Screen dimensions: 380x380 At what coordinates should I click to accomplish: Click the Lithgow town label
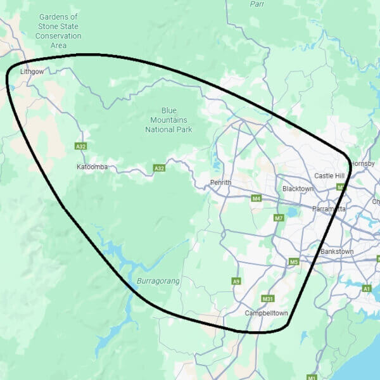(32, 72)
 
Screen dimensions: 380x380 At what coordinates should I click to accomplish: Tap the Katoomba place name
(92, 167)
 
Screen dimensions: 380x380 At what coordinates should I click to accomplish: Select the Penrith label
(221, 183)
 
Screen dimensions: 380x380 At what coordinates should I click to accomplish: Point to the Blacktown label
(298, 189)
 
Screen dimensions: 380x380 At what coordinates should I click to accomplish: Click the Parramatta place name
(329, 208)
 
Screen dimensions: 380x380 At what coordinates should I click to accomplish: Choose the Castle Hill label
(329, 175)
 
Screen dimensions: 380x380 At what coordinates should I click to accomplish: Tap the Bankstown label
(337, 251)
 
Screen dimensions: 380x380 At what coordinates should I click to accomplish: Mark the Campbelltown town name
(267, 313)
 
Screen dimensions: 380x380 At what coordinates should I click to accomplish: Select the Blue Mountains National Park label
(168, 119)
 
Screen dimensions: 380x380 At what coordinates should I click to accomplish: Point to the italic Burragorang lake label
(158, 280)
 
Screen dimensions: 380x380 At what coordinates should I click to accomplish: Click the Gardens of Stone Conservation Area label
(59, 31)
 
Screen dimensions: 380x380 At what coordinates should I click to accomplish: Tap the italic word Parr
(256, 4)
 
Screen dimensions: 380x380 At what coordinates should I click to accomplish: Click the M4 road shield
(256, 199)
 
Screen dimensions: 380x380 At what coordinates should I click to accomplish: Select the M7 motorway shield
(279, 218)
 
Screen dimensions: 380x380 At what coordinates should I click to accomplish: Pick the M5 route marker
(293, 262)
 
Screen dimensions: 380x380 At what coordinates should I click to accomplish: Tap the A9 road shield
(236, 281)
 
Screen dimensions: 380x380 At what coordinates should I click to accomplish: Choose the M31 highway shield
(267, 298)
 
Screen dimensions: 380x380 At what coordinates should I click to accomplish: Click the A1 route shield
(367, 288)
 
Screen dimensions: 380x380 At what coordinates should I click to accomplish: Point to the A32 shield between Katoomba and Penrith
(159, 168)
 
